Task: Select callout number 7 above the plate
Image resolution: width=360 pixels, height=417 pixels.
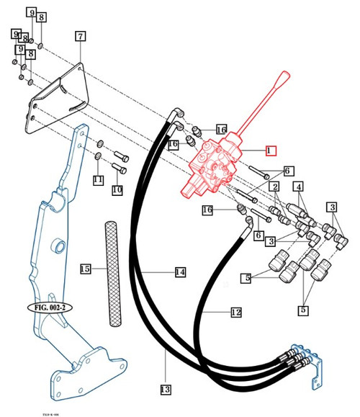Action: [79, 36]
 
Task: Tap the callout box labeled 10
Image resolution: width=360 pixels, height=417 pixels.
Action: [117, 191]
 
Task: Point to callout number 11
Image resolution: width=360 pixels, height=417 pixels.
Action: [98, 180]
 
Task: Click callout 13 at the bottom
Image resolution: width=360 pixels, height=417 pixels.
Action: [165, 390]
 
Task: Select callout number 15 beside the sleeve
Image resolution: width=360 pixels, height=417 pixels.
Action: [85, 269]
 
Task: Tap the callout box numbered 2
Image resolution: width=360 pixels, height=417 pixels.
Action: [274, 187]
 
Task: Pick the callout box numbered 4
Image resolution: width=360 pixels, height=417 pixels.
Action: [298, 187]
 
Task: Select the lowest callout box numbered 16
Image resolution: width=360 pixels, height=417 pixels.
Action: [207, 210]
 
